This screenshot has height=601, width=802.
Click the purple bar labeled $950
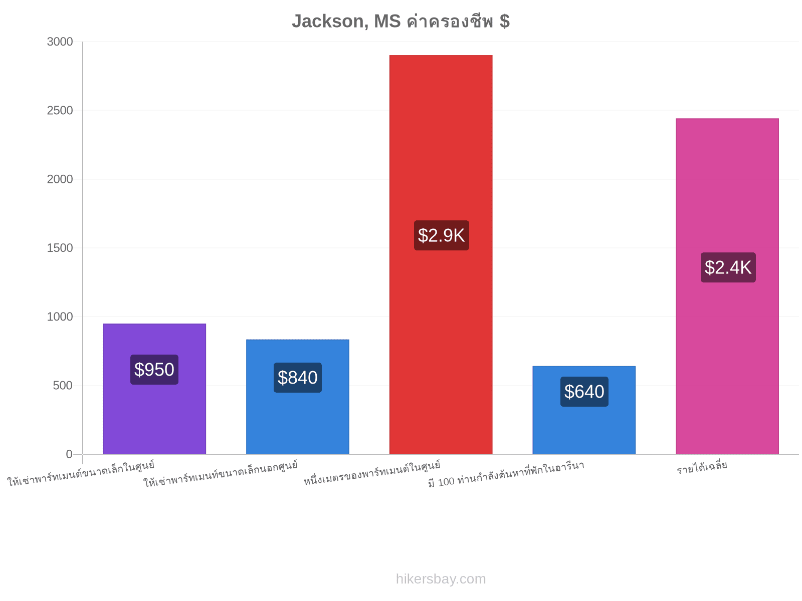pos(154,389)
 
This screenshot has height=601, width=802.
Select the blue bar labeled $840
pos(297,397)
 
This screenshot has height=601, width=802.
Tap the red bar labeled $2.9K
pos(441,255)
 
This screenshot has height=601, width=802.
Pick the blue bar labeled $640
pos(584,410)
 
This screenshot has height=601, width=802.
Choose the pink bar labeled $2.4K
pos(727,286)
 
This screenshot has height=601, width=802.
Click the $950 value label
pos(154,369)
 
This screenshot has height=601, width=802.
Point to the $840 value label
pos(297,377)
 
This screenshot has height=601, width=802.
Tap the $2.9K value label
pos(442,235)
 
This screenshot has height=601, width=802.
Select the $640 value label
pos(584,391)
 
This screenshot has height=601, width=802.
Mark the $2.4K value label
pos(728,267)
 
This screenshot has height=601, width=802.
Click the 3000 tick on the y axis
pos(60,42)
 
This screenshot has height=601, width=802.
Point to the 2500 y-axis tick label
pos(60,110)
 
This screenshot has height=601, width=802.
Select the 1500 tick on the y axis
pos(60,248)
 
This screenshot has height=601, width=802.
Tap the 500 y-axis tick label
pos(63,385)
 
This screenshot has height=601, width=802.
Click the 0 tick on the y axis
pos(69,454)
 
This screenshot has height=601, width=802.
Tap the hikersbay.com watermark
pos(441,579)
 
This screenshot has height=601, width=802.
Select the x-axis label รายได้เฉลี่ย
pos(702,467)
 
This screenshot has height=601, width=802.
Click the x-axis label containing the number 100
pos(506,474)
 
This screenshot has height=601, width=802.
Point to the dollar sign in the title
pos(505,21)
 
